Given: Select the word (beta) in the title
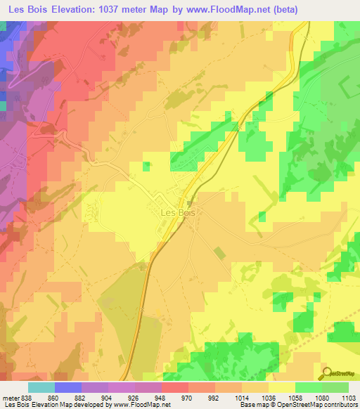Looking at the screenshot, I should pyautogui.click(x=283, y=10).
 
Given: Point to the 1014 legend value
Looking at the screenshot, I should pyautogui.click(x=242, y=397).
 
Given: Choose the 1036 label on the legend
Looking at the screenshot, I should pyautogui.click(x=269, y=397).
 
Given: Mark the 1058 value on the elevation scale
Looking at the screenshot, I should pyautogui.click(x=295, y=397).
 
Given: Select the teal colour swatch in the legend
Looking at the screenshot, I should pyautogui.click(x=41, y=387).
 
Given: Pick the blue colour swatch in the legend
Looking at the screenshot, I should pyautogui.click(x=68, y=387).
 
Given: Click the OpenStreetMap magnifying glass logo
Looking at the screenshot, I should pyautogui.click(x=329, y=372).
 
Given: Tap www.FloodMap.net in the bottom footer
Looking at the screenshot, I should pyautogui.click(x=149, y=405).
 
